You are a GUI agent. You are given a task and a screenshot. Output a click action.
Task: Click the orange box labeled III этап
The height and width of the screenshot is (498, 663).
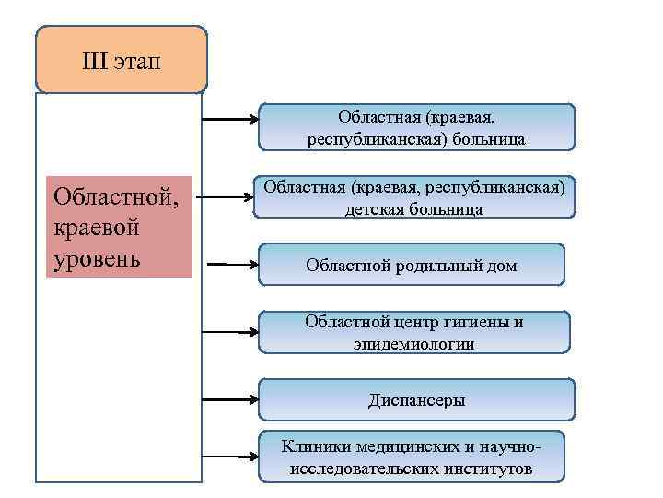[121, 60]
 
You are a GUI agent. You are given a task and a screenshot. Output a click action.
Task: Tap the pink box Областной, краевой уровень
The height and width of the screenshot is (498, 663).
[118, 227]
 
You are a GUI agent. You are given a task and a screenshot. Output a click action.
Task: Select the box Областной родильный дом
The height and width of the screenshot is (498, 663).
[411, 266]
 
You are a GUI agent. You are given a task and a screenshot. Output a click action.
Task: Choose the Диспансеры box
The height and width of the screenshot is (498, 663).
[416, 400]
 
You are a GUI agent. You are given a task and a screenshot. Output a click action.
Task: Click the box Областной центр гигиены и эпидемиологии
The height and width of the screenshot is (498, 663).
[414, 333]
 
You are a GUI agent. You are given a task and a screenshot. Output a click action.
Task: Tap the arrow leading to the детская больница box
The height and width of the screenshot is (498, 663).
[227, 197]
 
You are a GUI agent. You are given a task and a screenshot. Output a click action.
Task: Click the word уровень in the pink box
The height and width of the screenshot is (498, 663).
[98, 257]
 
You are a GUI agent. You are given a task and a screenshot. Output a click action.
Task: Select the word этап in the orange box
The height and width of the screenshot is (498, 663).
[139, 62]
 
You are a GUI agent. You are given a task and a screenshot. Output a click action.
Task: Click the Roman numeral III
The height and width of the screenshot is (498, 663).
[96, 62]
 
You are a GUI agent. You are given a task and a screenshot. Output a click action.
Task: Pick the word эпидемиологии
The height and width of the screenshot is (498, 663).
[413, 344]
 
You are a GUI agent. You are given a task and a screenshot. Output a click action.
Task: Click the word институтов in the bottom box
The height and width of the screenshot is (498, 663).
[489, 469]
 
